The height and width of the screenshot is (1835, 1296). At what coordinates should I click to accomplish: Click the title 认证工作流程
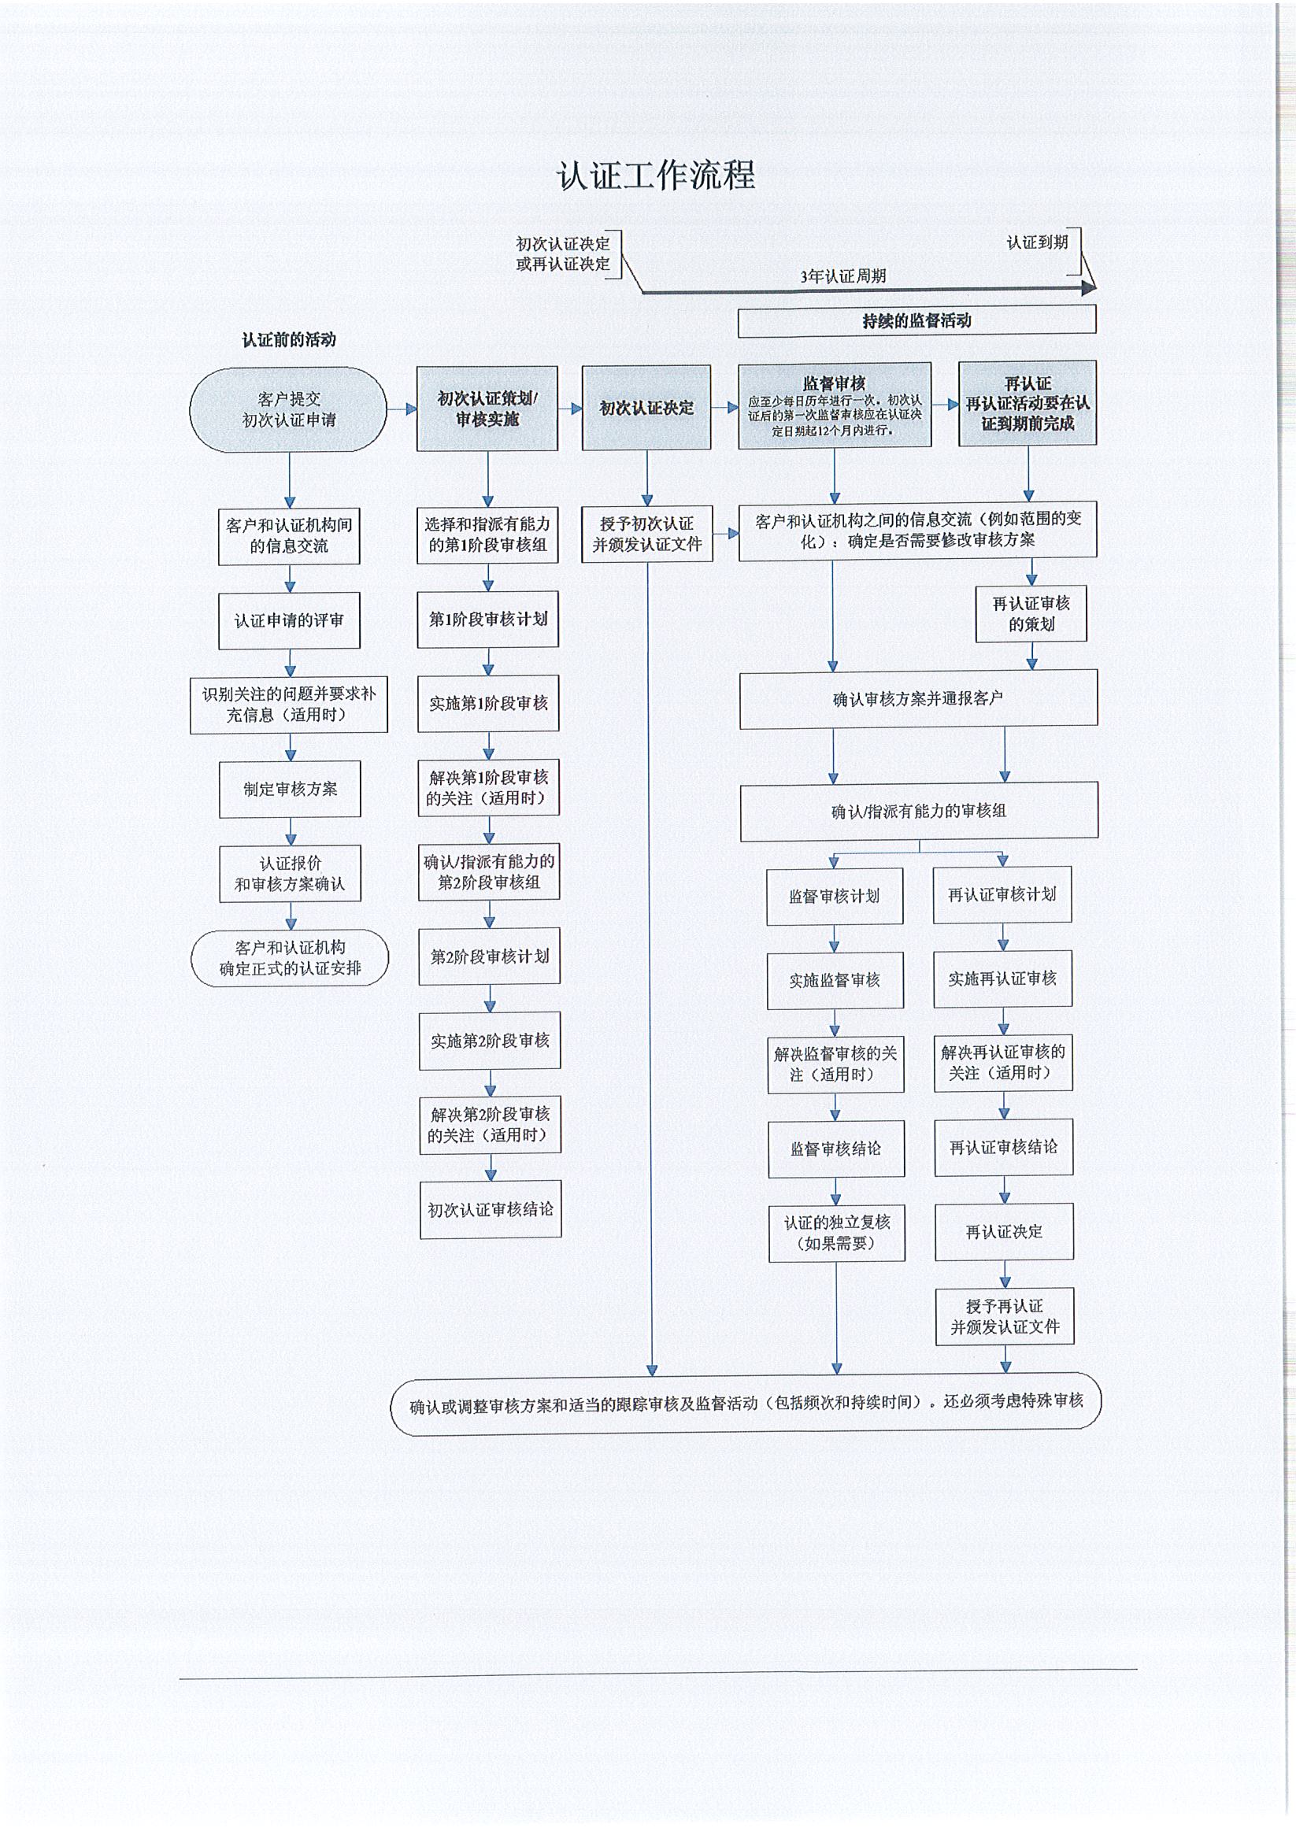coord(656,175)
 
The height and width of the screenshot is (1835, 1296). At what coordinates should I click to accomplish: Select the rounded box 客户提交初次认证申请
coord(289,409)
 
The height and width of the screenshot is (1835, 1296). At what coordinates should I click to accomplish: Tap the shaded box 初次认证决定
coord(646,408)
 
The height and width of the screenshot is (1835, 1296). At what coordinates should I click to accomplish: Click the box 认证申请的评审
coord(289,620)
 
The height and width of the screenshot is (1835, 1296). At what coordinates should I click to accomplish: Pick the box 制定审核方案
coord(291,789)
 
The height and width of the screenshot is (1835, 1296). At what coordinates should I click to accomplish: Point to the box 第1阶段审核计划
coord(487,620)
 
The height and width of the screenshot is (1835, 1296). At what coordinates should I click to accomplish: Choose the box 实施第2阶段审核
coord(489,1041)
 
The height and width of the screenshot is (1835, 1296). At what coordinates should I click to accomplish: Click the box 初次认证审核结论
coord(490,1209)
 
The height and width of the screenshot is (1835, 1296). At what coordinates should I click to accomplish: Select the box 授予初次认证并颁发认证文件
coord(646,534)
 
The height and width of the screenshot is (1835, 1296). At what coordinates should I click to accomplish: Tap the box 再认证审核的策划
coord(1031,614)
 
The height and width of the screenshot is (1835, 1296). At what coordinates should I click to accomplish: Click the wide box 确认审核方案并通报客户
coord(918,699)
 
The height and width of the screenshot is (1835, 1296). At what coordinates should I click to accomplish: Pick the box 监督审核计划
coord(835,896)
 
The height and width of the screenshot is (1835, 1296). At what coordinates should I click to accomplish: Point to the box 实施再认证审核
coord(1002,979)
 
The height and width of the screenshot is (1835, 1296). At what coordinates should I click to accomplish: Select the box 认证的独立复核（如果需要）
coord(837,1233)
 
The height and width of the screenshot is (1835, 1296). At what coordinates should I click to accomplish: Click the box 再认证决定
coord(1004,1231)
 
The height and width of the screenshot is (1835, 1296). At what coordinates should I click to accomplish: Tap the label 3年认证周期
coord(843,276)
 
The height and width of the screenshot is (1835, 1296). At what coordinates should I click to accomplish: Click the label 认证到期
coord(1037,242)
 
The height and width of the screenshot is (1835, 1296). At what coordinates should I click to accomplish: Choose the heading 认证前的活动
coord(289,339)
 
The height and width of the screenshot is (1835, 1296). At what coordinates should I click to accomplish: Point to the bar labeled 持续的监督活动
coord(916,320)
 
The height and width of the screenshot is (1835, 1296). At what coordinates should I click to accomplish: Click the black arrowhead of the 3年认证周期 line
coord(1088,287)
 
